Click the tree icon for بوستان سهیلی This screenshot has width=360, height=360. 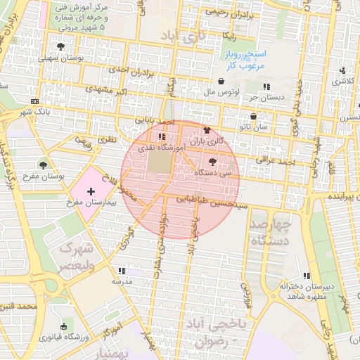click(x=61, y=47)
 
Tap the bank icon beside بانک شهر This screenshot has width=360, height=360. click(x=35, y=101)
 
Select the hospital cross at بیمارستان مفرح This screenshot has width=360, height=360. click(x=90, y=191)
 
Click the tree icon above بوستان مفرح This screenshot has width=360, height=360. click(x=44, y=165)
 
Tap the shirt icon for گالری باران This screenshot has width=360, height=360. click(x=205, y=131)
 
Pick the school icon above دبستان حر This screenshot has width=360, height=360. click(x=266, y=86)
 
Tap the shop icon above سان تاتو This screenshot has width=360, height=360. click(x=253, y=117)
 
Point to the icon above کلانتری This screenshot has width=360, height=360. click(x=342, y=70)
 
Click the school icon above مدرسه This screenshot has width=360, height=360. click(x=121, y=270)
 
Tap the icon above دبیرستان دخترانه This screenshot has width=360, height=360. click(x=306, y=276)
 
